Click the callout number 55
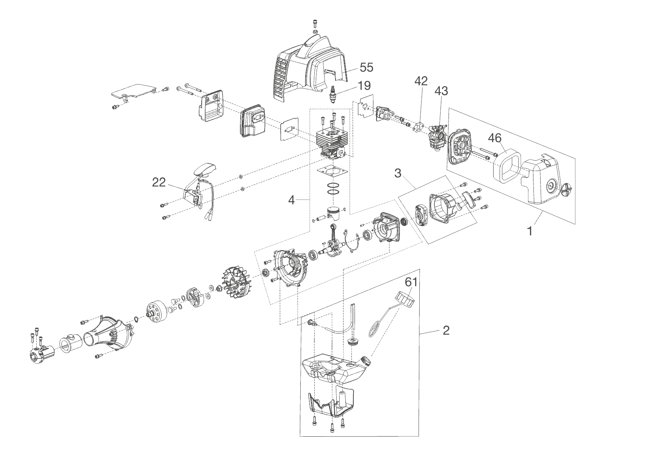pyautogui.click(x=366, y=67)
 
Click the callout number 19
pyautogui.click(x=364, y=86)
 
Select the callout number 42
pyautogui.click(x=421, y=81)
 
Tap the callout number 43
pyautogui.click(x=441, y=91)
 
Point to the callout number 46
pyautogui.click(x=495, y=138)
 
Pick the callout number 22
pyautogui.click(x=159, y=183)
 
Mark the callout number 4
pyautogui.click(x=291, y=200)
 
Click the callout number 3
pyautogui.click(x=398, y=173)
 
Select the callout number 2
pyautogui.click(x=446, y=330)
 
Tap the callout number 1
pyautogui.click(x=530, y=231)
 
